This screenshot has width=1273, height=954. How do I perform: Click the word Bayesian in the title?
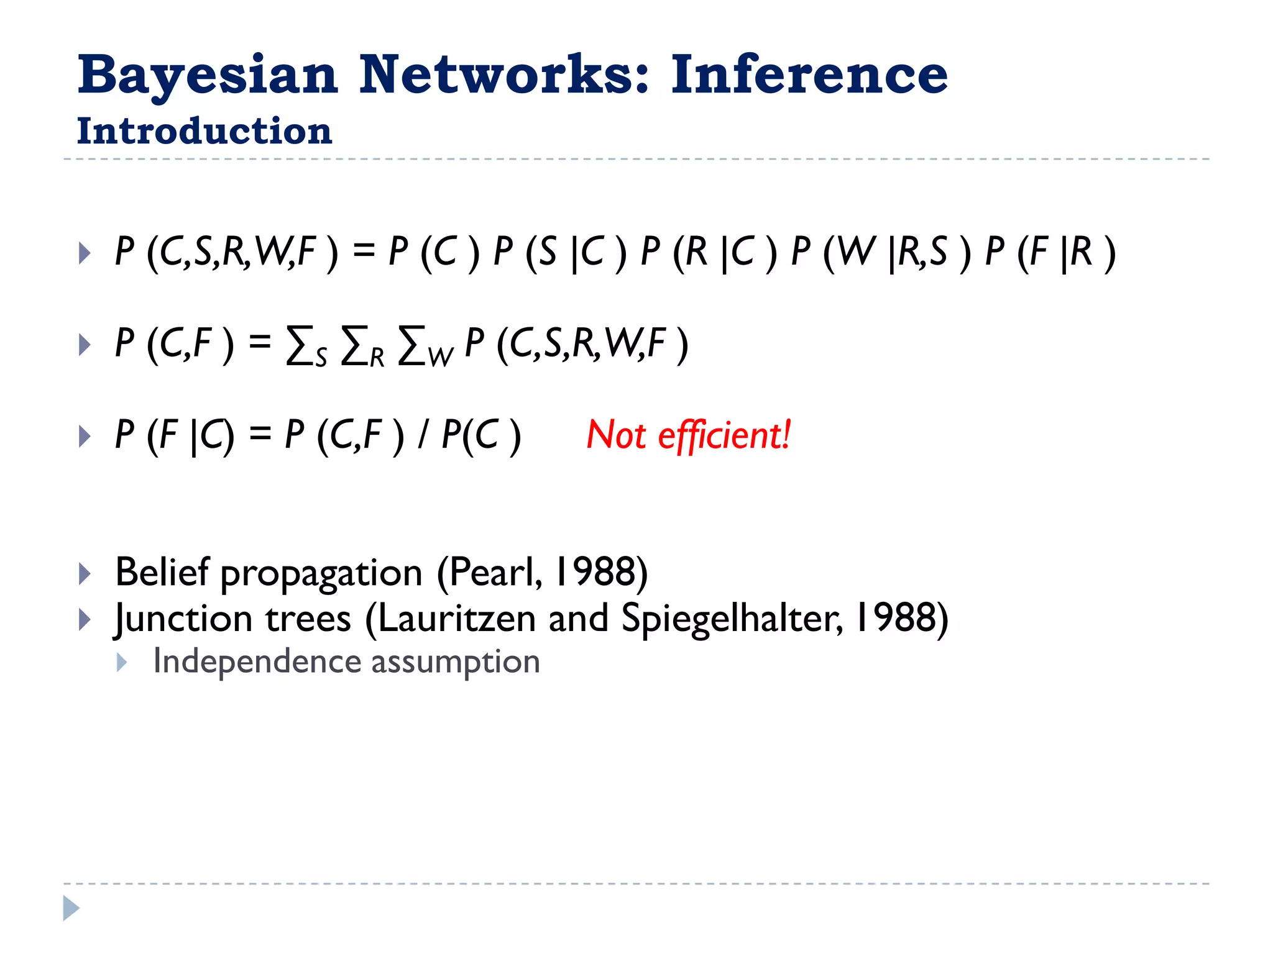point(208,76)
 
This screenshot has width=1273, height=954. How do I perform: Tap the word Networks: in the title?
point(504,76)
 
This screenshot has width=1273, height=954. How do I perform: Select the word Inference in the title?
point(809,76)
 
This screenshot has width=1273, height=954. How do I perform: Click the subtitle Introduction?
point(205,132)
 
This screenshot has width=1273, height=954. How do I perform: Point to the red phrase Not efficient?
point(688,435)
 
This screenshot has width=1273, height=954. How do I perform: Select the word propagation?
point(321,573)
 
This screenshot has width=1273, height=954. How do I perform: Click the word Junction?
point(184,619)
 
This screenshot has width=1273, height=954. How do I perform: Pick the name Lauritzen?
point(456,619)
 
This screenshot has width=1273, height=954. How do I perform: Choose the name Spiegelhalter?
point(732,619)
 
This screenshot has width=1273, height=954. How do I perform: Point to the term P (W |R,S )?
point(880,253)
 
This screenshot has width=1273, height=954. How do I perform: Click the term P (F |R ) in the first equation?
point(1050,253)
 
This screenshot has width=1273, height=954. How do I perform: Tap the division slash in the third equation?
point(423,435)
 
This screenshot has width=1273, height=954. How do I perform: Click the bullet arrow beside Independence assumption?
point(122,663)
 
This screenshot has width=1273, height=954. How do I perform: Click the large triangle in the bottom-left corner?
point(71,908)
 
